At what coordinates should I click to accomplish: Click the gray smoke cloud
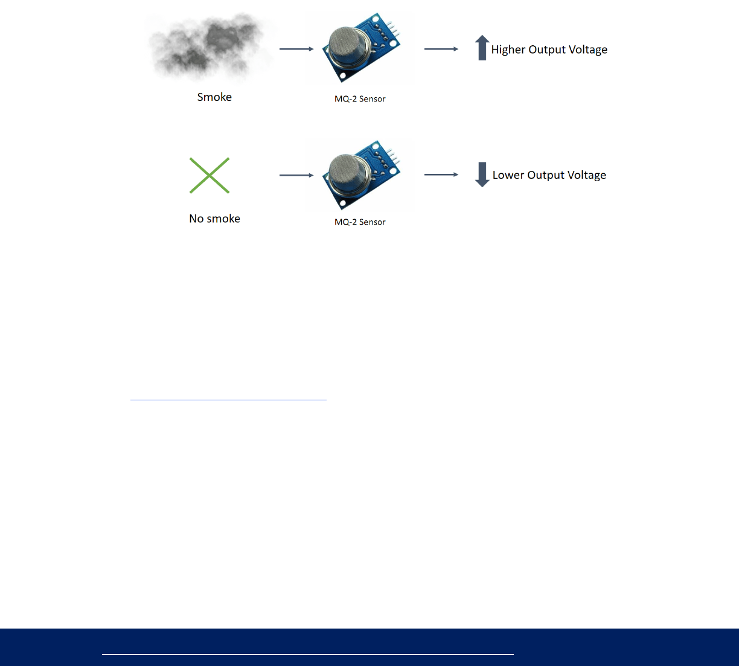coord(208,47)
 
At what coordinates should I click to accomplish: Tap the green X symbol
coord(210,176)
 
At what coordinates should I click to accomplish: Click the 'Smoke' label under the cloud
coord(214,97)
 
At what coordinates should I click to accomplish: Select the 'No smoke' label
coord(214,219)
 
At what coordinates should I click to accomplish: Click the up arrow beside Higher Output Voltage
coord(482,48)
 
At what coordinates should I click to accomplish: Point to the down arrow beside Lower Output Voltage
coord(482,175)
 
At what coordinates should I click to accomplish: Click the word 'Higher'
coord(508,50)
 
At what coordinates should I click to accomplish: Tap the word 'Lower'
coord(508,175)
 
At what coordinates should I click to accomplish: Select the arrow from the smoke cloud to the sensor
coord(296,49)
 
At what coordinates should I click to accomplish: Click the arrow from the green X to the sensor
coord(296,175)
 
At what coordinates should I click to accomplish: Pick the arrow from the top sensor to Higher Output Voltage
coord(441,49)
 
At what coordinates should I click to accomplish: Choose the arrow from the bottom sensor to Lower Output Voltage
coord(441,175)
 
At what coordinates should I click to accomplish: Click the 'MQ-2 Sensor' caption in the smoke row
coord(360,99)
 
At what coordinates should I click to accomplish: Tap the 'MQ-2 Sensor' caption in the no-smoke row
coord(360,222)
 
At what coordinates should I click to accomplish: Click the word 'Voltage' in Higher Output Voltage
coord(587,50)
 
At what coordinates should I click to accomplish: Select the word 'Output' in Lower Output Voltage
coord(546,175)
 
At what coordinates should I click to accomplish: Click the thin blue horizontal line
coord(228,400)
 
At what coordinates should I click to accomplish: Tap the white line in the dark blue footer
coord(308,654)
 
